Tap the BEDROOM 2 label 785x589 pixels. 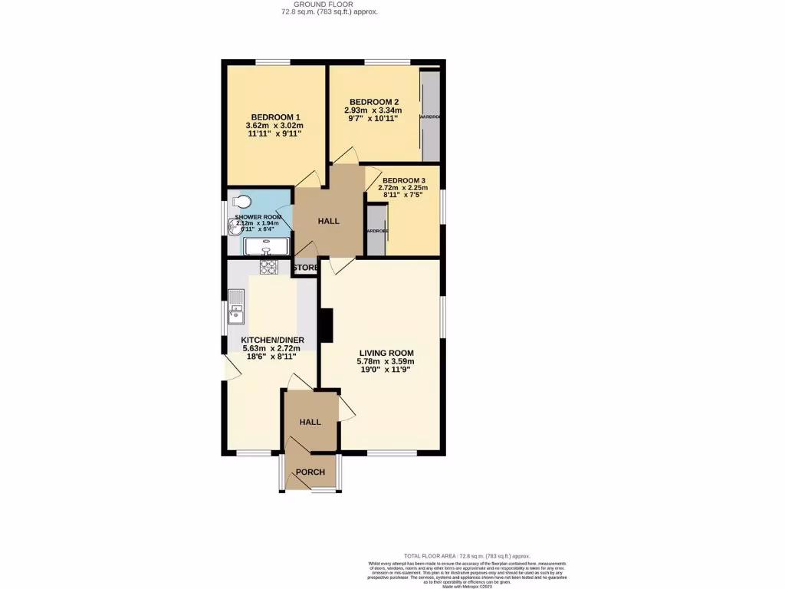pos(374,102)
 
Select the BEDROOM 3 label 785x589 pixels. pos(403,180)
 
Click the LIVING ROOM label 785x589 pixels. pos(386,353)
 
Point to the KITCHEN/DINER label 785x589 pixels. pos(273,340)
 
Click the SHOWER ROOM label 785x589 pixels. pos(258,218)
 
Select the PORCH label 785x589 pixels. pos(310,472)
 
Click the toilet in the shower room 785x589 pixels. pos(241,202)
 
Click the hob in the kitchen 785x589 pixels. pos(268,267)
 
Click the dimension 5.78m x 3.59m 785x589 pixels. pos(386,361)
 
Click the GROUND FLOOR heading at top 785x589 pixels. pos(328,4)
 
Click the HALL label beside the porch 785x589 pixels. pos(310,422)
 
